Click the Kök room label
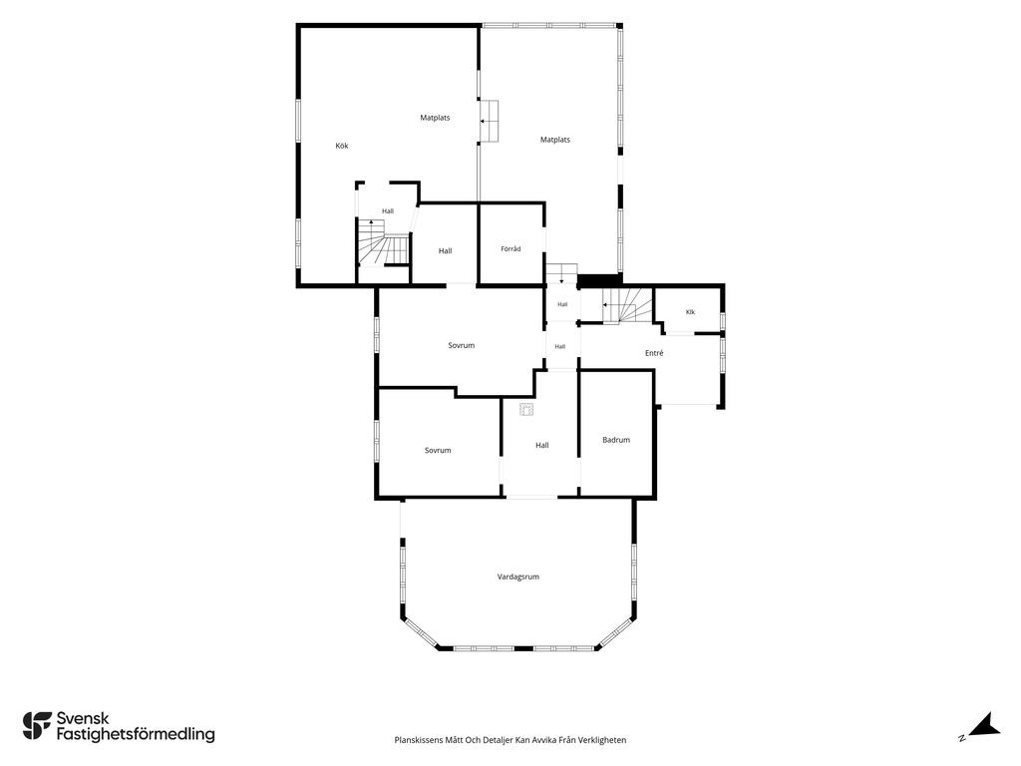pyautogui.click(x=342, y=146)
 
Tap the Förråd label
pyautogui.click(x=510, y=248)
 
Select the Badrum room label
pyautogui.click(x=616, y=440)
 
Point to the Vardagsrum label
pyautogui.click(x=518, y=576)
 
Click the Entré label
pyautogui.click(x=654, y=353)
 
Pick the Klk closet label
pyautogui.click(x=690, y=312)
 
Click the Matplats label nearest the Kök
pyautogui.click(x=435, y=118)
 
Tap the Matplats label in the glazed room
pyautogui.click(x=555, y=140)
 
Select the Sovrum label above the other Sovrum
pyautogui.click(x=461, y=345)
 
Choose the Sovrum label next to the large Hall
pyautogui.click(x=438, y=450)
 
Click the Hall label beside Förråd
pyautogui.click(x=446, y=250)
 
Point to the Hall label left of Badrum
pyautogui.click(x=542, y=446)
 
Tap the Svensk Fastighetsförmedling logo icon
pyautogui.click(x=37, y=726)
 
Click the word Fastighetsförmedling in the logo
pyautogui.click(x=136, y=734)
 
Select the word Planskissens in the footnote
pyautogui.click(x=418, y=740)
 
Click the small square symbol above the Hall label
pyautogui.click(x=526, y=409)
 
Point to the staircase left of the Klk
pyautogui.click(x=626, y=305)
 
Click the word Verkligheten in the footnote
pyautogui.click(x=605, y=740)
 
